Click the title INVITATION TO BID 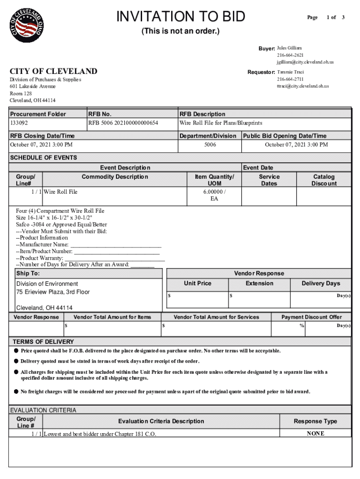click(x=180, y=17)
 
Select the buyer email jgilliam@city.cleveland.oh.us click(x=304, y=62)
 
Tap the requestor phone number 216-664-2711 click(x=290, y=80)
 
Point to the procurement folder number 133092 click(x=19, y=123)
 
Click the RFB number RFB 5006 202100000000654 click(x=123, y=123)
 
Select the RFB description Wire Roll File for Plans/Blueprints click(x=221, y=123)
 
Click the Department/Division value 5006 click(x=210, y=145)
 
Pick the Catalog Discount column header click(x=324, y=180)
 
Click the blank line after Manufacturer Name click(x=115, y=245)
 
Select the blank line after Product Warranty click(x=115, y=258)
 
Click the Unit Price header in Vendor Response click(x=197, y=283)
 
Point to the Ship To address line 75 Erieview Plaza click(x=53, y=292)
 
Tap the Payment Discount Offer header click(x=311, y=317)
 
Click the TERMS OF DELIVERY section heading click(x=43, y=341)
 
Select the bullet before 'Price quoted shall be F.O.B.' click(x=15, y=350)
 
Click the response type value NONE click(x=315, y=434)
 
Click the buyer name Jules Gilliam click(x=289, y=48)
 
